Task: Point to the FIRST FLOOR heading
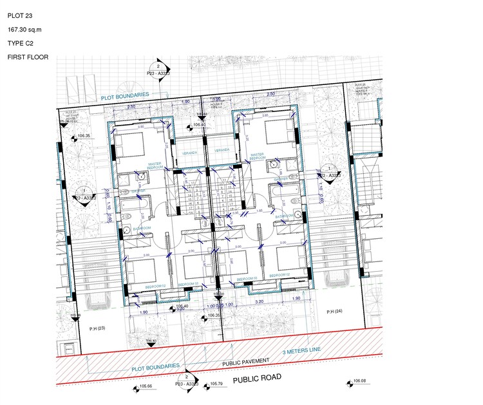click(28, 57)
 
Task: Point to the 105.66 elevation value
click(146, 386)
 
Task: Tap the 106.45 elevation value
click(151, 341)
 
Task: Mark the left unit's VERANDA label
click(189, 153)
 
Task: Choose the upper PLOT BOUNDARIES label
click(125, 96)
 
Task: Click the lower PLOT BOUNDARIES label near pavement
click(155, 367)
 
